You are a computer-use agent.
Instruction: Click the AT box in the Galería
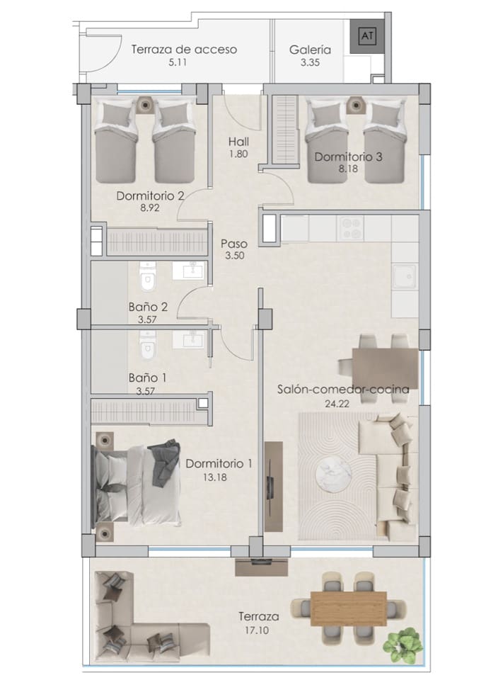click(366, 34)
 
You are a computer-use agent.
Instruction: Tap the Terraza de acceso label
click(183, 50)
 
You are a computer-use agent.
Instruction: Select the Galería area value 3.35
click(310, 63)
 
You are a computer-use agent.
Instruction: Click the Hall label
click(238, 141)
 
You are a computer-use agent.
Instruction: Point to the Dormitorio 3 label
click(348, 157)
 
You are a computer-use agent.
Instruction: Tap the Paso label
click(233, 244)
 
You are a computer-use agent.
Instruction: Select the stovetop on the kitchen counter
click(352, 228)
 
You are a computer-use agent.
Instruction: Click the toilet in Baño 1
click(147, 348)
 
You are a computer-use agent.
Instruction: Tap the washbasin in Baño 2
click(188, 271)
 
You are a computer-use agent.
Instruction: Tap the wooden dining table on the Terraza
click(349, 606)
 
